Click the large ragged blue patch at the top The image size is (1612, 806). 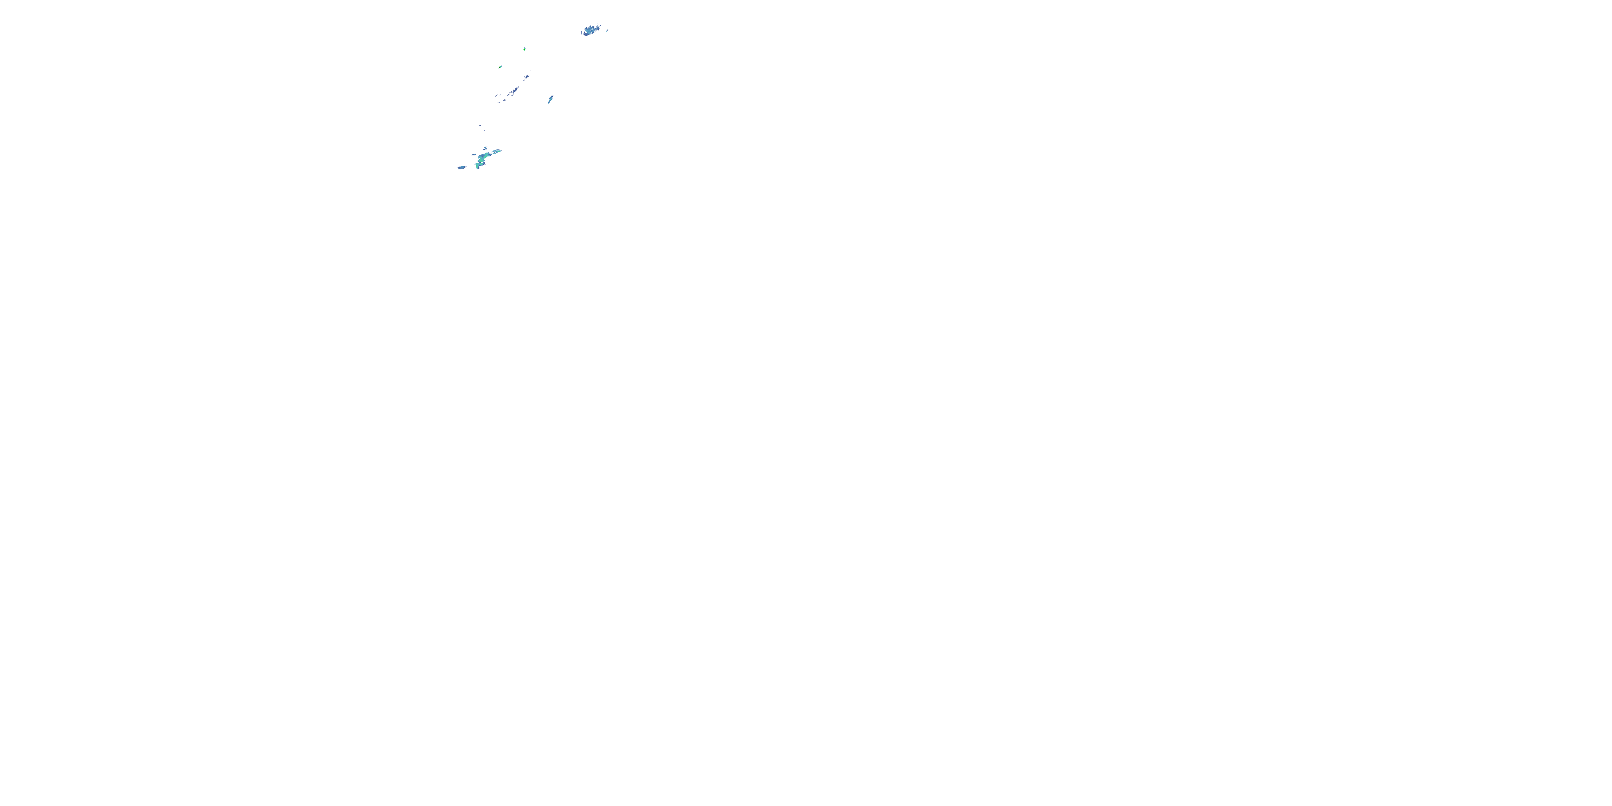click(x=590, y=31)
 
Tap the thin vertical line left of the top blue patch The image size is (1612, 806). click(x=582, y=33)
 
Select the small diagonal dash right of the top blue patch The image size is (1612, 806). click(x=608, y=30)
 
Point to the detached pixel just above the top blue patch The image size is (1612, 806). click(x=598, y=24)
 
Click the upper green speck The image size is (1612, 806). click(x=525, y=49)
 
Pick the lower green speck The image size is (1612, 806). click(x=501, y=67)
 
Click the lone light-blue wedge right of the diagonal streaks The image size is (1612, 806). click(x=551, y=99)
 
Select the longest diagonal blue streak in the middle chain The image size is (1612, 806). click(x=516, y=90)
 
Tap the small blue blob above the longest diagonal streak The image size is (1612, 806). click(x=527, y=77)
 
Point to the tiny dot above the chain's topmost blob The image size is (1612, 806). click(x=530, y=71)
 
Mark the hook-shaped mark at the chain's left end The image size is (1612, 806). click(x=496, y=96)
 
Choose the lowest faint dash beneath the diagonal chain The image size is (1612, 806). click(x=499, y=103)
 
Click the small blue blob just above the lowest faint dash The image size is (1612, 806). click(x=505, y=101)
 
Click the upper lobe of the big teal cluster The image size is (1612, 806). click(x=484, y=156)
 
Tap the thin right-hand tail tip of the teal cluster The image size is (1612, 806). click(x=501, y=151)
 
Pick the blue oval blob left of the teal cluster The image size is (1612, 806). click(x=462, y=168)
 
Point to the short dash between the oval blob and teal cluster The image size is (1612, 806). click(x=474, y=155)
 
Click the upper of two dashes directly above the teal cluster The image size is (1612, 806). click(x=486, y=148)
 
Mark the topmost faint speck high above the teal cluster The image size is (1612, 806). click(x=480, y=126)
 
